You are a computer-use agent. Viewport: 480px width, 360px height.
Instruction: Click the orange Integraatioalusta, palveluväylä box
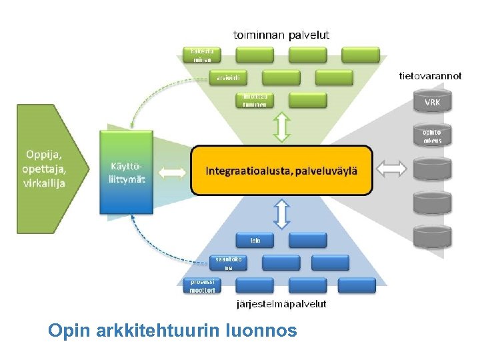[x=281, y=171]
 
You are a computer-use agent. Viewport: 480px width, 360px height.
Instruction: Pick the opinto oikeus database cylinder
[x=432, y=136]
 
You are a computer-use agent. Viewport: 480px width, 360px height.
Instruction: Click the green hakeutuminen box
[x=202, y=55]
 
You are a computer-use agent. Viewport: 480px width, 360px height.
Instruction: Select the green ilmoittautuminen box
[x=255, y=100]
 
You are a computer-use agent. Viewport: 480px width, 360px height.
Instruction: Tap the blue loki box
[x=255, y=240]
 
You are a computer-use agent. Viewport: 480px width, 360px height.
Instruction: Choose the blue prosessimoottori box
[x=202, y=286]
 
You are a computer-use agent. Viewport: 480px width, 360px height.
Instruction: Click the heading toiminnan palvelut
[x=281, y=34]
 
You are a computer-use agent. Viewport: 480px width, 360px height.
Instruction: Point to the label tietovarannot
[x=430, y=76]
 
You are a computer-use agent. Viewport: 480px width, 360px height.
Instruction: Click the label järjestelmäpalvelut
[x=282, y=304]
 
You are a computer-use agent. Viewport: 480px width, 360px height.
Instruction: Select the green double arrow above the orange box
[x=282, y=127]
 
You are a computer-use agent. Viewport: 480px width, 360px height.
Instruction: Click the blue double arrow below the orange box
[x=282, y=214]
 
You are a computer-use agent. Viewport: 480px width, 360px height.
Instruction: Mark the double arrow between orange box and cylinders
[x=391, y=169]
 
